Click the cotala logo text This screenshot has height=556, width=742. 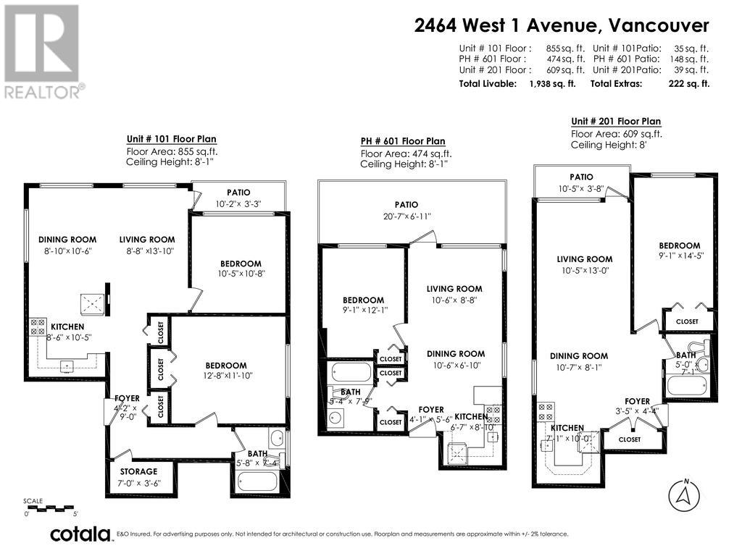point(80,534)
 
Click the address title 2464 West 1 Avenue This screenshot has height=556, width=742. point(561,25)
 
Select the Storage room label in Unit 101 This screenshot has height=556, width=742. point(138,471)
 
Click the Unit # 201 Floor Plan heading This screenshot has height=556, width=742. point(615,121)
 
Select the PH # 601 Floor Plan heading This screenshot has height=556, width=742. point(403,141)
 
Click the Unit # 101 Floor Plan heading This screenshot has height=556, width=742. point(171,139)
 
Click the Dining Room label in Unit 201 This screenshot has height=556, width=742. point(578,355)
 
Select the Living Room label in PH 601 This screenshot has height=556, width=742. point(454,289)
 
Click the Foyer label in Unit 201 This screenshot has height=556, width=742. point(637,401)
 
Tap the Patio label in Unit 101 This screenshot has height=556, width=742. point(238,193)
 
